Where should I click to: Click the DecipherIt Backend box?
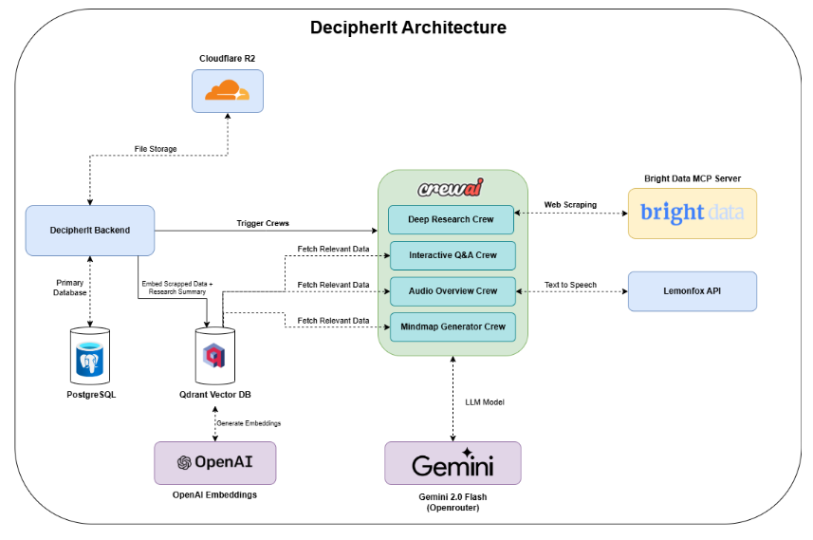90,231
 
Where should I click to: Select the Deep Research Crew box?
451,219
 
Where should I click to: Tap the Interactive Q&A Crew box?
453,255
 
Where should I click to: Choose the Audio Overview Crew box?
453,291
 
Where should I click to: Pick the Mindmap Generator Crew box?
453,326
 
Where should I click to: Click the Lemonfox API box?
693,291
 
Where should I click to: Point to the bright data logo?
693,213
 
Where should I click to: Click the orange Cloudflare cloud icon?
227,90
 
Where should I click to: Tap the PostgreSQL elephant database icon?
90,359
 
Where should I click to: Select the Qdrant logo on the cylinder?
214,355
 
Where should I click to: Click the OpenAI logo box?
215,463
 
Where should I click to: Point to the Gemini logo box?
453,463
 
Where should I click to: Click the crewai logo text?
450,188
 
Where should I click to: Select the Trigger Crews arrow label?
263,223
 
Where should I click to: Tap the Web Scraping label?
570,205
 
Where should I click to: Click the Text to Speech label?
570,285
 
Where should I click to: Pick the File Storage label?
156,149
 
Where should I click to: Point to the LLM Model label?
485,402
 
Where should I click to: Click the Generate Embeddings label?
249,423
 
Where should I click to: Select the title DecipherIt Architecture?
409,27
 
